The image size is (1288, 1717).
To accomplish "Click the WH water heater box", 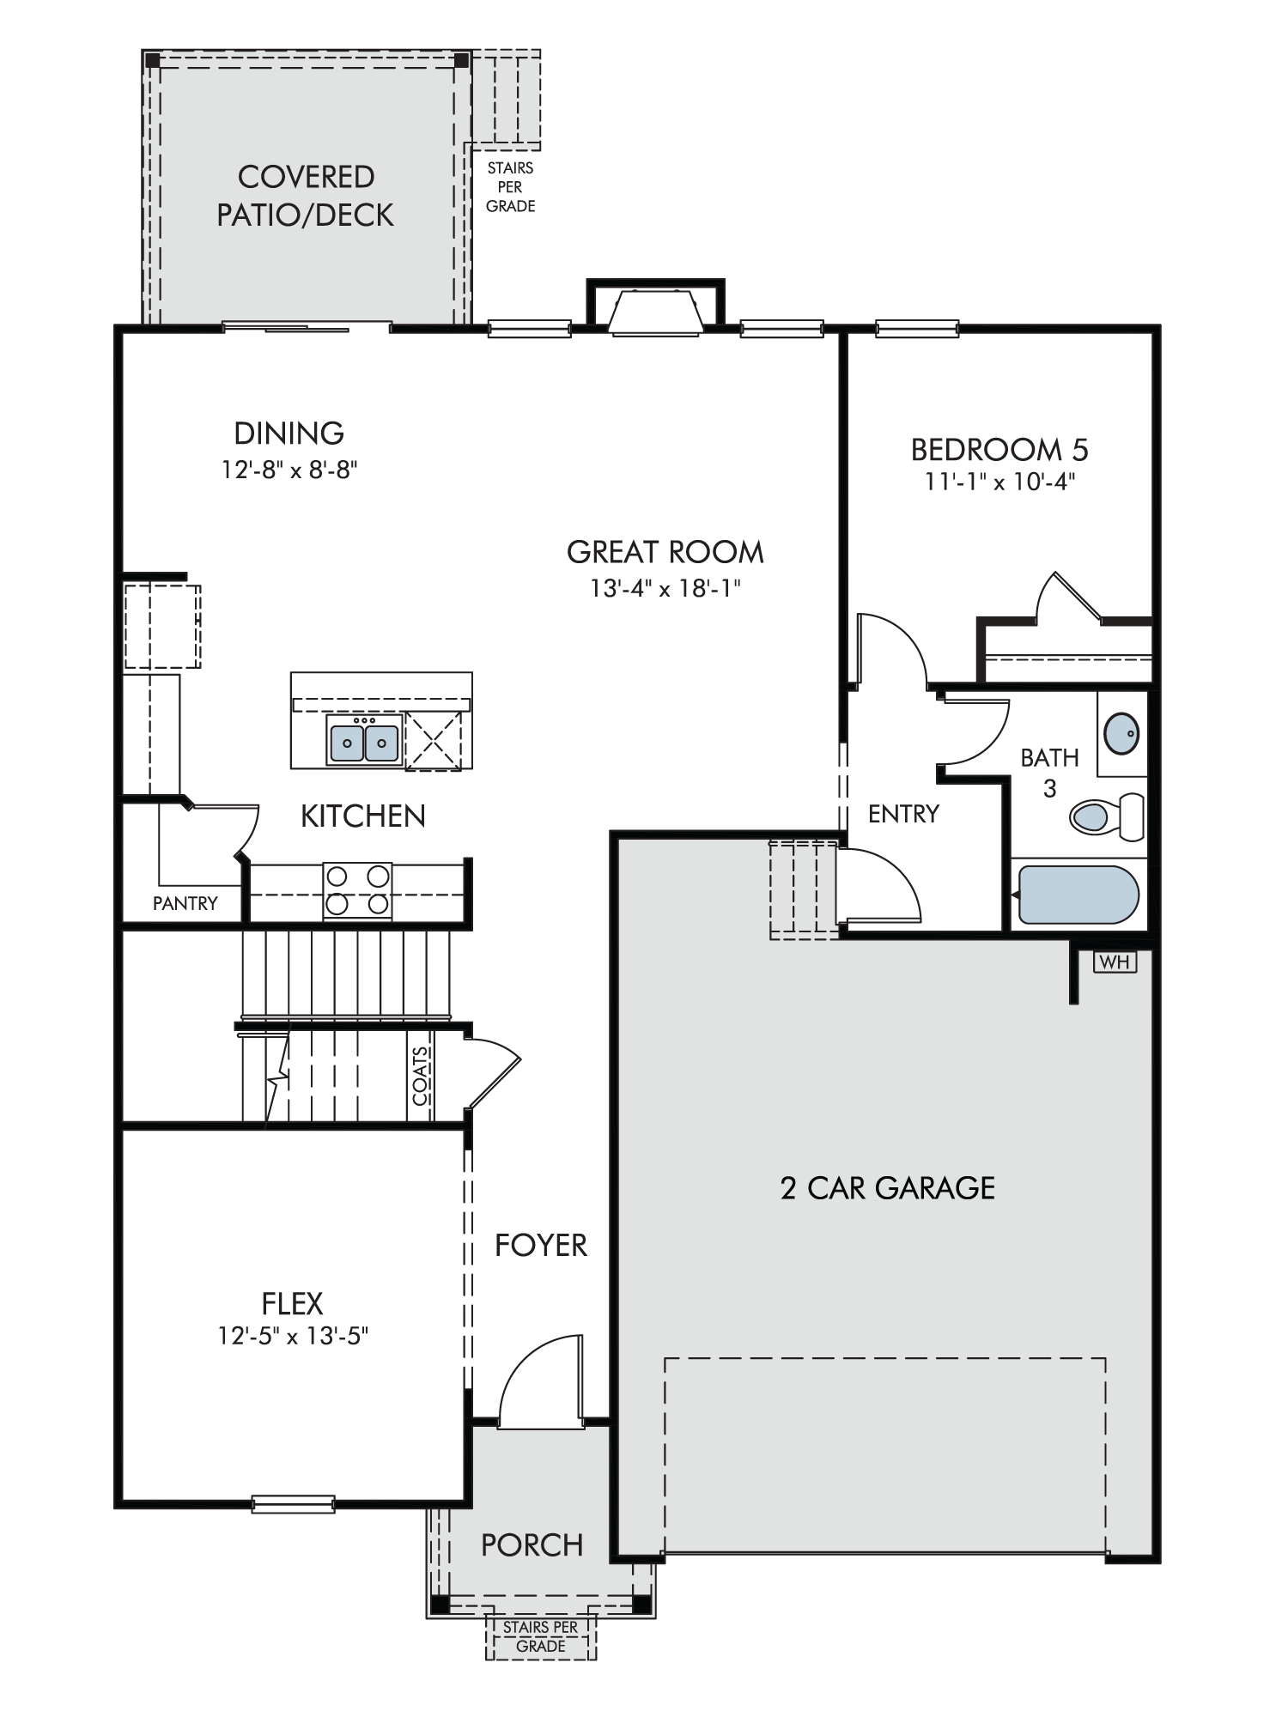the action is pyautogui.click(x=1115, y=962).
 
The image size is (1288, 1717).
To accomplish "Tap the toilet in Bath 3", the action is pyautogui.click(x=1107, y=816).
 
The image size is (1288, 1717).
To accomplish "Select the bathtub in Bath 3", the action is pyautogui.click(x=1077, y=895).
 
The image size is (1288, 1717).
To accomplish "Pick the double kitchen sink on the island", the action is pyautogui.click(x=364, y=743).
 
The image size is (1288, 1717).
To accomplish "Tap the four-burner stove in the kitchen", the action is pyautogui.click(x=357, y=891).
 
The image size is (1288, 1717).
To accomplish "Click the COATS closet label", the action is pyautogui.click(x=421, y=1076).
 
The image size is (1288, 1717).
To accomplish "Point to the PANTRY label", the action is pyautogui.click(x=185, y=903).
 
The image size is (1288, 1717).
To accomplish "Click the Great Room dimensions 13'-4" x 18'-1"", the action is pyautogui.click(x=665, y=588).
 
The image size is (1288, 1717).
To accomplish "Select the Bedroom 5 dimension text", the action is pyautogui.click(x=999, y=482).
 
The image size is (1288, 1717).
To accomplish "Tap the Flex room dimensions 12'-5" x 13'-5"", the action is pyautogui.click(x=293, y=1336).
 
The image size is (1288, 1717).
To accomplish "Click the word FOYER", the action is pyautogui.click(x=541, y=1246).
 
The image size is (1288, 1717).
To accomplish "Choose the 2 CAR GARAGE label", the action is pyautogui.click(x=888, y=1188).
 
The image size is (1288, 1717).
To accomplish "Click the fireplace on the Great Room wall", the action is pyautogui.click(x=656, y=308).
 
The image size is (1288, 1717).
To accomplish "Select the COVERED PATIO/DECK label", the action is pyautogui.click(x=306, y=196).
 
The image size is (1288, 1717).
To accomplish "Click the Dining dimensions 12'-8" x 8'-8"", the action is pyautogui.click(x=289, y=470).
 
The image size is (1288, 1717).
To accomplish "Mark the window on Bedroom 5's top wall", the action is pyautogui.click(x=917, y=328).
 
